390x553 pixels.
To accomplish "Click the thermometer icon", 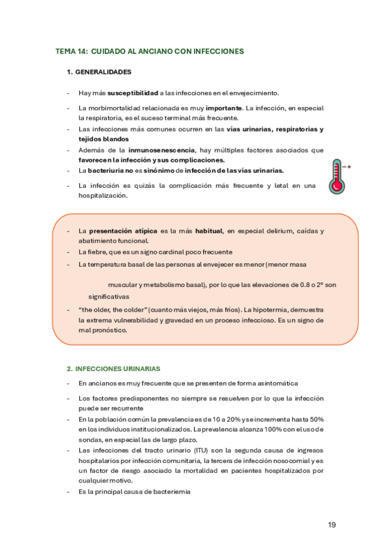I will pos(337,175).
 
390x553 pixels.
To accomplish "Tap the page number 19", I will pos(332,524).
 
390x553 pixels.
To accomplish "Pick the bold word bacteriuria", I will pos(104,170).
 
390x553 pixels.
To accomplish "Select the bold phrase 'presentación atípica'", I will pos(122,231).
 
